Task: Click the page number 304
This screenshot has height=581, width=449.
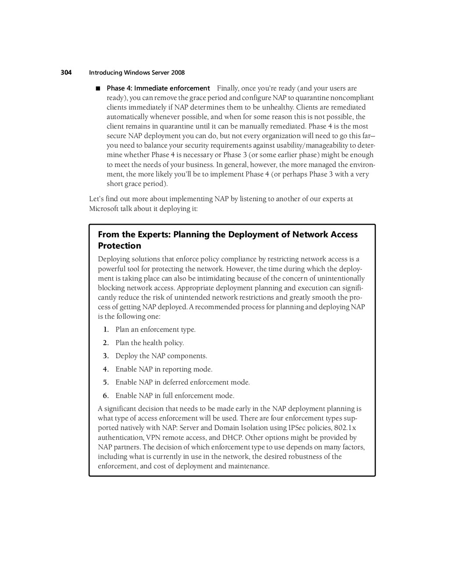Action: coord(66,73)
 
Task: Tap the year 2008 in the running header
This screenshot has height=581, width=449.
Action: coord(178,73)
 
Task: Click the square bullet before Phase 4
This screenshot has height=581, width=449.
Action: coord(98,88)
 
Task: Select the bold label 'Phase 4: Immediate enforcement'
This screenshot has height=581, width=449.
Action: coord(158,88)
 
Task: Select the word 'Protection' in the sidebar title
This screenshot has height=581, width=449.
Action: coord(119,246)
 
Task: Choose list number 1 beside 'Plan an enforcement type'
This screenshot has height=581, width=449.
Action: coord(106,330)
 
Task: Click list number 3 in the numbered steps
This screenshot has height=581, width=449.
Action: coord(106,356)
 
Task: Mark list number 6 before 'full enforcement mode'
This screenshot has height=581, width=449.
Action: coord(106,396)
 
